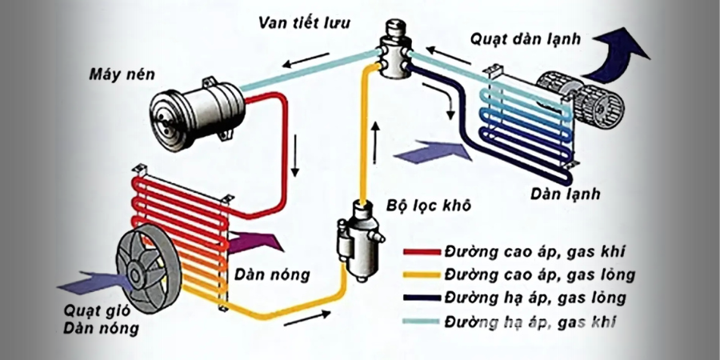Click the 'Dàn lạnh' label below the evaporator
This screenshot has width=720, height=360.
(x=565, y=194)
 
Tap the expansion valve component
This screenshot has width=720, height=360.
(x=394, y=53)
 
